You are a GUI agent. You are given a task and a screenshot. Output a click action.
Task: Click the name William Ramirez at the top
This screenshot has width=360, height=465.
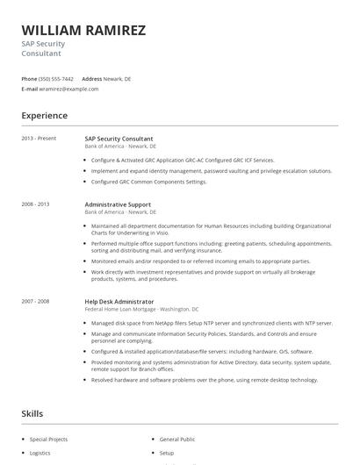coord(83,30)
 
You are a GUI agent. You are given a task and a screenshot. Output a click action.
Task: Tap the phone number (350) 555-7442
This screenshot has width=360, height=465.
coord(56,78)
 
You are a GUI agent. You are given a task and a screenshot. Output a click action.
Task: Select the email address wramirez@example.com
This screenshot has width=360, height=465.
coord(69,89)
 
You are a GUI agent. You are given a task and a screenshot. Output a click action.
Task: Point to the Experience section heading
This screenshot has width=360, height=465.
coord(45,115)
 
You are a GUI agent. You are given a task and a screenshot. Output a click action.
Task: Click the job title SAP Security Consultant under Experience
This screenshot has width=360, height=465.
coord(119,139)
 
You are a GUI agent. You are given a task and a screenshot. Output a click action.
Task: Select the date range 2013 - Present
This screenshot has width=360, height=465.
coord(39,139)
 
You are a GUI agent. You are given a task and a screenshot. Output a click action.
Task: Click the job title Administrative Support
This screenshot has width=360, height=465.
coord(118,204)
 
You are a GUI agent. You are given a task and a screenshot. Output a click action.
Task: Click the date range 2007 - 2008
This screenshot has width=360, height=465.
coord(35,301)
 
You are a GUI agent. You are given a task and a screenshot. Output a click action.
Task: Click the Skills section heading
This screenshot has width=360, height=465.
coord(33,412)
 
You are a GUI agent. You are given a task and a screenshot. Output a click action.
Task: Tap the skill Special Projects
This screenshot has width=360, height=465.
coord(48,439)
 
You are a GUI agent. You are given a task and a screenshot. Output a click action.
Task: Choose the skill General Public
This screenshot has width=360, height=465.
coord(176,439)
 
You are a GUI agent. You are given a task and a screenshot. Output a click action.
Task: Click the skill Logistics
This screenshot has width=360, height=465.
coord(40,454)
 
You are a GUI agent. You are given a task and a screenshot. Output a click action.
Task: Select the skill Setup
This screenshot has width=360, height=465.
coord(167,454)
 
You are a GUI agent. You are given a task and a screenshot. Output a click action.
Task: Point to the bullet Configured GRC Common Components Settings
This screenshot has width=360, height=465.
coord(148,182)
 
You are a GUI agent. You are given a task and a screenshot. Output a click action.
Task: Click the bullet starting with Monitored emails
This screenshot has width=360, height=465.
coord(200,261)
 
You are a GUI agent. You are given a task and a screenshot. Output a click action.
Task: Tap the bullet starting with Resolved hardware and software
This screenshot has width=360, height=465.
coord(204,380)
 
